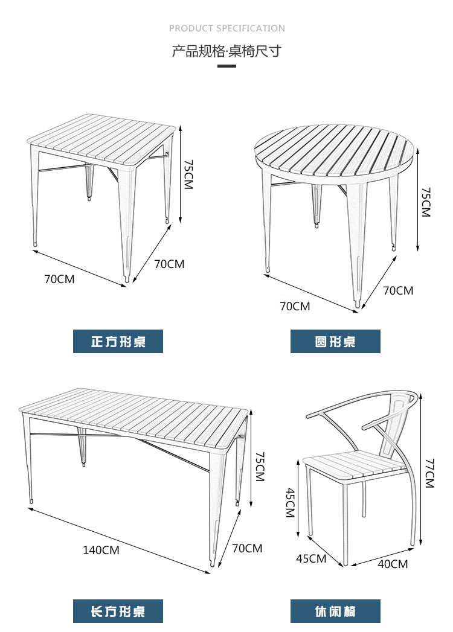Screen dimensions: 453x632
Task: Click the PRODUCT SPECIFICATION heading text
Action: [x=226, y=28]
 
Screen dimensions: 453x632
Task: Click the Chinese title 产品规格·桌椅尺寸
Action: [x=226, y=51]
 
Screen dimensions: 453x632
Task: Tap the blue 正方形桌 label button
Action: [x=118, y=342]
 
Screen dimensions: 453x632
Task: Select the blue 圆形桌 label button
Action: [x=335, y=342]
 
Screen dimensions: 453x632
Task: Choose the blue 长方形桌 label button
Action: [x=118, y=611]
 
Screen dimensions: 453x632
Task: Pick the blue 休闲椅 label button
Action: [x=335, y=611]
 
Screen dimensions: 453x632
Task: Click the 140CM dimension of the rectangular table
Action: [x=101, y=550]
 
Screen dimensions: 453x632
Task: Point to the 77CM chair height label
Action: [x=429, y=473]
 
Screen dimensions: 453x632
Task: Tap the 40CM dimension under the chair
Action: [x=393, y=564]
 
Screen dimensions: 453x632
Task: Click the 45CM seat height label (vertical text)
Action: [x=291, y=502]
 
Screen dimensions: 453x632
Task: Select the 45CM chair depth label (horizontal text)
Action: [x=311, y=558]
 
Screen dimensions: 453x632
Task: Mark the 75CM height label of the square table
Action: [x=188, y=174]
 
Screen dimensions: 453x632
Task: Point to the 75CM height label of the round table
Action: [x=426, y=202]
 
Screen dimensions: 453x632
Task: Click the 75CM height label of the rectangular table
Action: [x=260, y=467]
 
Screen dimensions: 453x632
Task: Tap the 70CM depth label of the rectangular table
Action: [x=247, y=548]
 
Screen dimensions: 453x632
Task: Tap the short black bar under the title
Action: [x=226, y=66]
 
